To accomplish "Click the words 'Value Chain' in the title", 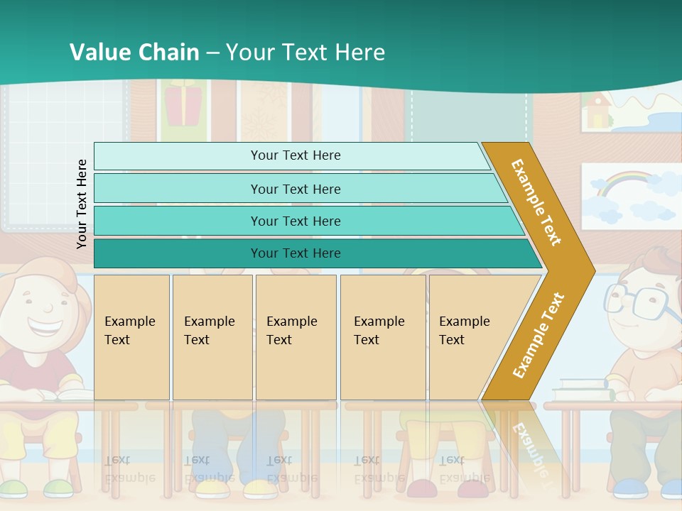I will (x=134, y=52).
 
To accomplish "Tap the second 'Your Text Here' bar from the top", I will (x=295, y=189).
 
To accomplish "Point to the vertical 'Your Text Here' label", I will (x=82, y=203).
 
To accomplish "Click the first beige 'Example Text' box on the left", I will (x=131, y=337).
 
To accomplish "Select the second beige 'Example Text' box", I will (x=212, y=337).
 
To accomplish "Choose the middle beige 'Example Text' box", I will (x=296, y=337).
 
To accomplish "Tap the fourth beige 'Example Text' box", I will (x=383, y=337).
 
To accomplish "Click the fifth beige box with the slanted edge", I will (x=469, y=337).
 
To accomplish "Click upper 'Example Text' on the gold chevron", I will (x=536, y=202).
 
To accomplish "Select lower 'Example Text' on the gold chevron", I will (x=538, y=335).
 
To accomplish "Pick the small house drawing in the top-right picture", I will (x=597, y=110).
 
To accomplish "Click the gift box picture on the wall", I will (x=183, y=103).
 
